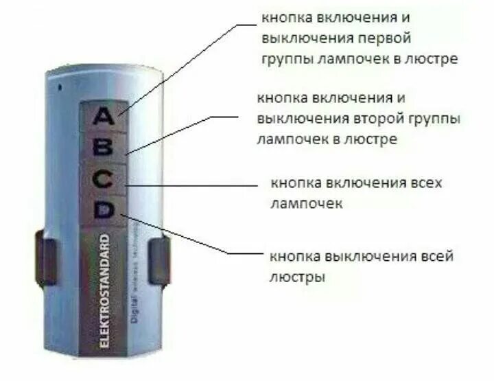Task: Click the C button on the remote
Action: (104, 180)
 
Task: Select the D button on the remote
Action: (104, 211)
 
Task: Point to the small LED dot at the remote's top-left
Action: (60, 87)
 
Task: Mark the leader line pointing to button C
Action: (192, 183)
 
